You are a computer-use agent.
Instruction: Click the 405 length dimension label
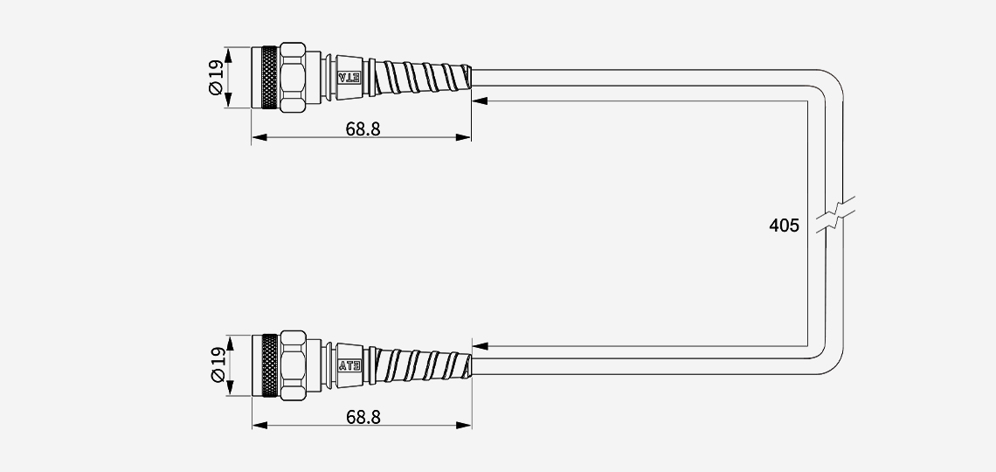[784, 226]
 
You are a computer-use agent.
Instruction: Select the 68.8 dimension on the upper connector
[363, 129]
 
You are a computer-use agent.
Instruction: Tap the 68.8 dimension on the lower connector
[363, 417]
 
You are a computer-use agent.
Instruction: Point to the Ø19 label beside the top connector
[217, 78]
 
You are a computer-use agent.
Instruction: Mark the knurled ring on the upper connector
[270, 78]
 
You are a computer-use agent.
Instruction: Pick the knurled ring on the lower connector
[270, 366]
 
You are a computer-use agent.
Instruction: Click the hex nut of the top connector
[292, 78]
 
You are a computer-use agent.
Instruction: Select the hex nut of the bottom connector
[292, 365]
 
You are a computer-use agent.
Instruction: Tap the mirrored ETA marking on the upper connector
[349, 78]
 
